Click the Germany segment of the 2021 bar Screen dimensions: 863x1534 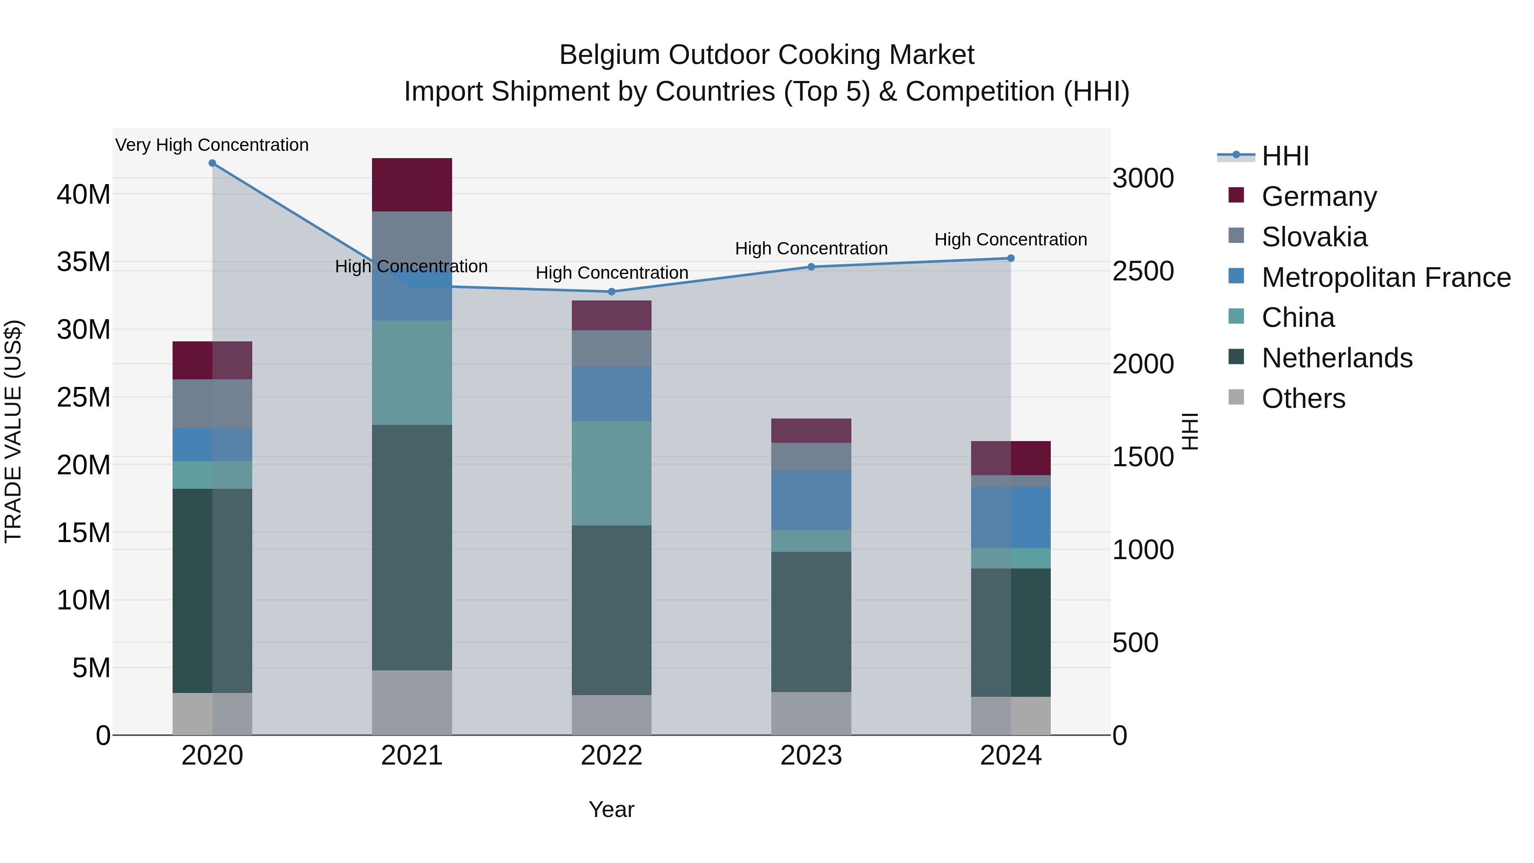tap(412, 185)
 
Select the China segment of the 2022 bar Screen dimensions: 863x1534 tap(611, 473)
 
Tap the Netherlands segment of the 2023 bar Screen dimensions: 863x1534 tap(810, 621)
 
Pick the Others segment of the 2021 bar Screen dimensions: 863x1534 tap(412, 702)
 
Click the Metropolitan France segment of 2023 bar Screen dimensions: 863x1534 tap(810, 500)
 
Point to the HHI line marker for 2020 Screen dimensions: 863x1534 tap(212, 163)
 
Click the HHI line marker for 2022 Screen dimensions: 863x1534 tap(611, 292)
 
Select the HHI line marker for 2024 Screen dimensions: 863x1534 tap(1011, 259)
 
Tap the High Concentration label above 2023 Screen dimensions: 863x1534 tap(810, 248)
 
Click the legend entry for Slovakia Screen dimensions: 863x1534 tap(1314, 237)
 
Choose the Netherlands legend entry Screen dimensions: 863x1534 tap(1336, 358)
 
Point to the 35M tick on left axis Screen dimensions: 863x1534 tap(84, 262)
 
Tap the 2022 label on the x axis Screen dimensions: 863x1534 tap(611, 756)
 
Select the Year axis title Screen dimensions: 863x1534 tap(611, 809)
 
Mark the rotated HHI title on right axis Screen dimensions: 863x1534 tap(1190, 431)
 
